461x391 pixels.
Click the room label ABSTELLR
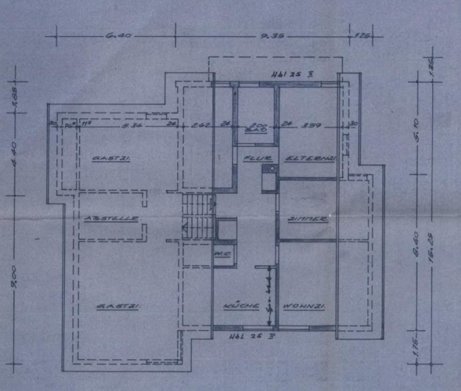point(112,219)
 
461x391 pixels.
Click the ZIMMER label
point(308,219)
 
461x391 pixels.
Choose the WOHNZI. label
point(305,307)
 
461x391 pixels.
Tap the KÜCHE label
point(241,306)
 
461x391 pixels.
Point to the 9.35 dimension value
point(272,36)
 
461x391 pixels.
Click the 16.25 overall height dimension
point(430,251)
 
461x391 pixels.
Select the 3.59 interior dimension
point(310,126)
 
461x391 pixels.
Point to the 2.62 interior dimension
point(197,126)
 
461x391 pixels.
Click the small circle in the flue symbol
point(272,168)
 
